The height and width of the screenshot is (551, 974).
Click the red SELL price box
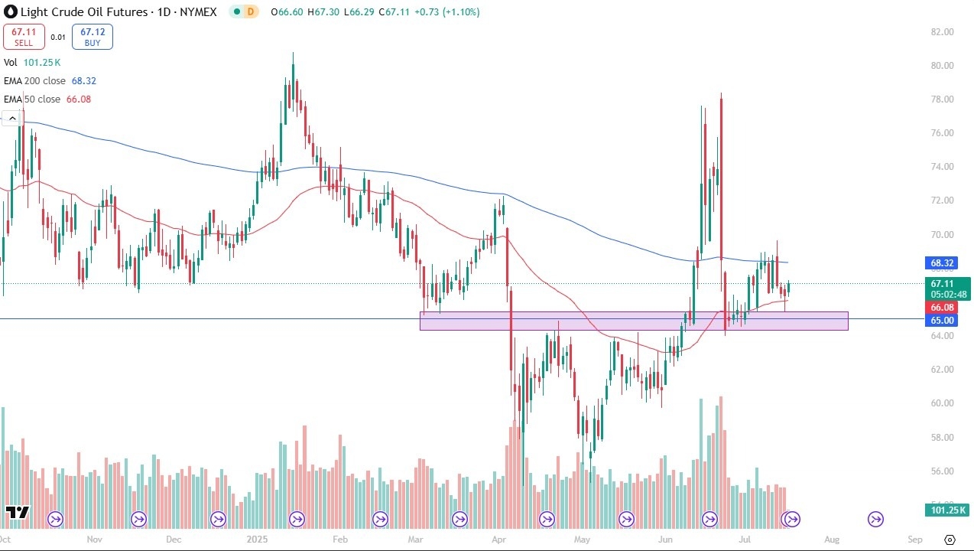point(24,37)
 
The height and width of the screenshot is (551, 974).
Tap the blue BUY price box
point(93,37)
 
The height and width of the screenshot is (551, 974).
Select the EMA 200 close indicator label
point(50,80)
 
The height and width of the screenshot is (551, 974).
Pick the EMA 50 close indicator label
point(47,99)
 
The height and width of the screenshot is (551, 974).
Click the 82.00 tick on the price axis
point(942,32)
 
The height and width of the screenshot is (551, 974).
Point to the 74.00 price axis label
point(942,167)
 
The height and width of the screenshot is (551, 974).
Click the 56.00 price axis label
point(942,471)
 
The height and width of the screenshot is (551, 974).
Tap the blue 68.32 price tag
point(942,263)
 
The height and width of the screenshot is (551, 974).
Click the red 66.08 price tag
point(942,306)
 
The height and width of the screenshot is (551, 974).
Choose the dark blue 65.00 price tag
point(942,320)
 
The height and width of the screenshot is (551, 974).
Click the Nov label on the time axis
point(94,539)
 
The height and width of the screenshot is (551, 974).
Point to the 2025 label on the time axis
point(256,539)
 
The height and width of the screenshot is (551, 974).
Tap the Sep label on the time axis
point(915,539)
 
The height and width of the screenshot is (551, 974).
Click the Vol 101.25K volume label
point(32,63)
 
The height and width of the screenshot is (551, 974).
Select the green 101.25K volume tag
point(946,510)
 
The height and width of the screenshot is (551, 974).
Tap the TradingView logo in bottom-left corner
point(17,512)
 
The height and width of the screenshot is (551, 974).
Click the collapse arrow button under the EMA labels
point(11,118)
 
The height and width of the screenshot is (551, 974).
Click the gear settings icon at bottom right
point(950,540)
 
